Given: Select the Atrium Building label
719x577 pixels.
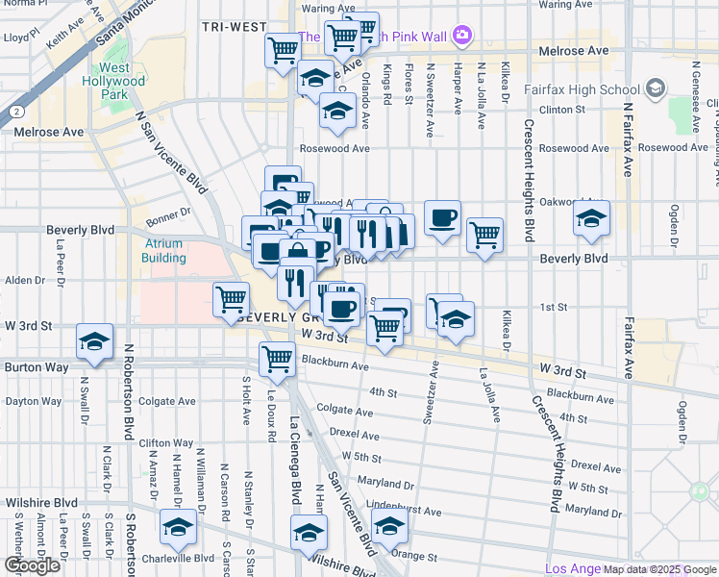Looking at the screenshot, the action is pyautogui.click(x=164, y=251).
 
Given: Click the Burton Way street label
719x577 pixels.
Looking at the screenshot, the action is pyautogui.click(x=31, y=367).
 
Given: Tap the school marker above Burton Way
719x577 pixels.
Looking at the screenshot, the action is pyautogui.click(x=95, y=343).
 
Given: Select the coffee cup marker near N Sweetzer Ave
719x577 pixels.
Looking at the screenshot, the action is pyautogui.click(x=441, y=217).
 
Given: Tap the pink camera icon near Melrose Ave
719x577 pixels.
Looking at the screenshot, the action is pyautogui.click(x=463, y=36).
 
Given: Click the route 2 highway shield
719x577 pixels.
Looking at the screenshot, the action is pyautogui.click(x=17, y=112).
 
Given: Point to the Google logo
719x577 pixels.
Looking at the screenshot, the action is pyautogui.click(x=32, y=565).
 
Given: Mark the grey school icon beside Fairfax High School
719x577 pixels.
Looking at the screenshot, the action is pyautogui.click(x=656, y=89).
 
